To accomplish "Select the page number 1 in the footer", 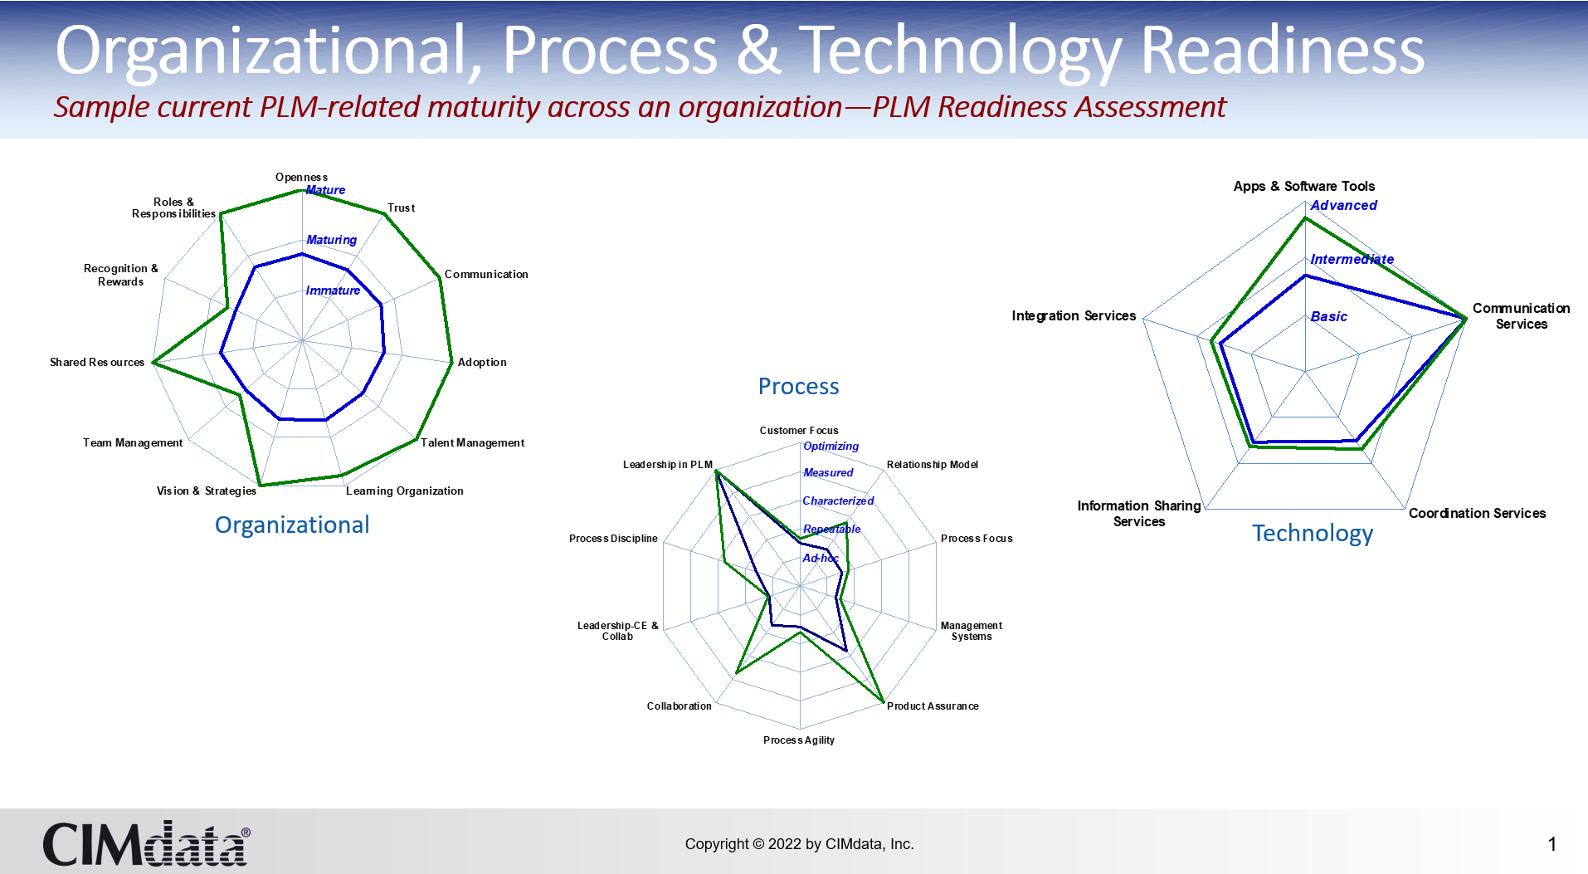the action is [x=1551, y=844].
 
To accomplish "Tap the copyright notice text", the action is [x=799, y=844].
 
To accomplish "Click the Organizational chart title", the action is [x=292, y=525].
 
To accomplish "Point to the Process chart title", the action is [x=798, y=386].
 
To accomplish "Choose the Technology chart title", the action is [x=1313, y=534].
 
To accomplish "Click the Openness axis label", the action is [x=301, y=177].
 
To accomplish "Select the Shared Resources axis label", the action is [x=97, y=362].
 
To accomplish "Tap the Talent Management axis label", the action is [x=472, y=442].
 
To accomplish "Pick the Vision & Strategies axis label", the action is [x=207, y=491].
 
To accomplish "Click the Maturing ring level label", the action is [x=331, y=240].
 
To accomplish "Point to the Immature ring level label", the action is [x=333, y=291].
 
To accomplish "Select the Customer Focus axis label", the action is [x=799, y=430].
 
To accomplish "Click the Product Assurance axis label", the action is [x=933, y=706].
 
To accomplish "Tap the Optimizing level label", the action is [x=831, y=447].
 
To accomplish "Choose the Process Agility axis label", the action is [x=799, y=740].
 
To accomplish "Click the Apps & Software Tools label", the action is [x=1304, y=186].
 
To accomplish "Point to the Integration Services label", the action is [x=1074, y=315].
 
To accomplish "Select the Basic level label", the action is [x=1328, y=317].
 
